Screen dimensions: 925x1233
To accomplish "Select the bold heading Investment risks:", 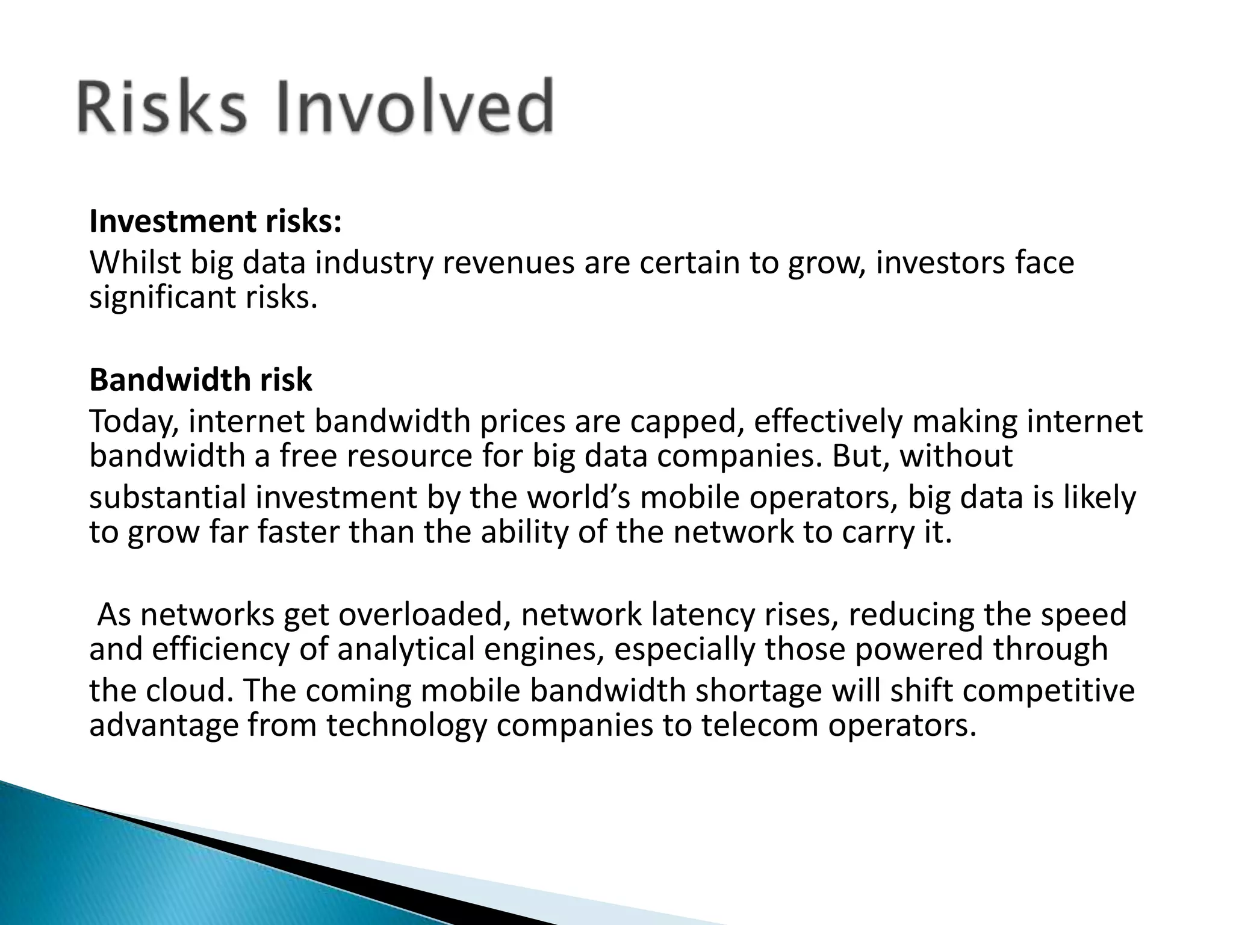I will pyautogui.click(x=216, y=221).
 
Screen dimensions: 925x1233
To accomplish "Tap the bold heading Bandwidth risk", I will pyautogui.click(x=200, y=380).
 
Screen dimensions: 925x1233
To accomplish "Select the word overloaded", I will pyautogui.click(x=424, y=615).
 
